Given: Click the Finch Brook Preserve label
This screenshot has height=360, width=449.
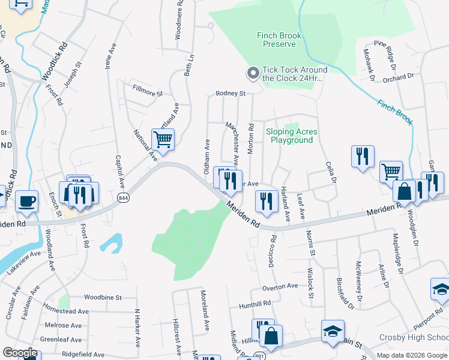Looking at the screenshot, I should (x=276, y=40).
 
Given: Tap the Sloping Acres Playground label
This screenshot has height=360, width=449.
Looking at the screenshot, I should (x=292, y=136).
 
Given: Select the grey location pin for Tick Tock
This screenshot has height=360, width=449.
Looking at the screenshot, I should (x=253, y=73).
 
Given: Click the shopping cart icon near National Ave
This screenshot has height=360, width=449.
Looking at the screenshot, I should (x=163, y=140).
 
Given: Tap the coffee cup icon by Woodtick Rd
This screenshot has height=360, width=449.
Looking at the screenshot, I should (x=26, y=200).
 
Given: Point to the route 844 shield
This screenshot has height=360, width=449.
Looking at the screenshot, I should (x=123, y=198).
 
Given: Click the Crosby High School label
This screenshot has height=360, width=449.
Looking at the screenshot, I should (x=414, y=338).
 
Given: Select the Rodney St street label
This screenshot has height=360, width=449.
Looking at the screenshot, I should (x=231, y=94).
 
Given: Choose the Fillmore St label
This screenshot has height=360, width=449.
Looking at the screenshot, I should (x=148, y=94).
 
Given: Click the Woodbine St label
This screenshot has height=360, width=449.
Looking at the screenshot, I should (x=103, y=297).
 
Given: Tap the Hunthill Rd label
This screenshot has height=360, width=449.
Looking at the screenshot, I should (x=255, y=304).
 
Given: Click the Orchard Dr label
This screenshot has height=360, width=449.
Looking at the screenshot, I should (x=399, y=76).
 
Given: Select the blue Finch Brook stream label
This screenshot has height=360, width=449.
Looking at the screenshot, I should (x=395, y=112).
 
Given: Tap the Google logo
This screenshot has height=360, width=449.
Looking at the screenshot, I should (x=20, y=353).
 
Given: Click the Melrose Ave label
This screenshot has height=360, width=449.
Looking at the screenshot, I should (x=59, y=325).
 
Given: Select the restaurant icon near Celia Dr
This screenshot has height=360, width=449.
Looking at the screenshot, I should (x=363, y=157).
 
